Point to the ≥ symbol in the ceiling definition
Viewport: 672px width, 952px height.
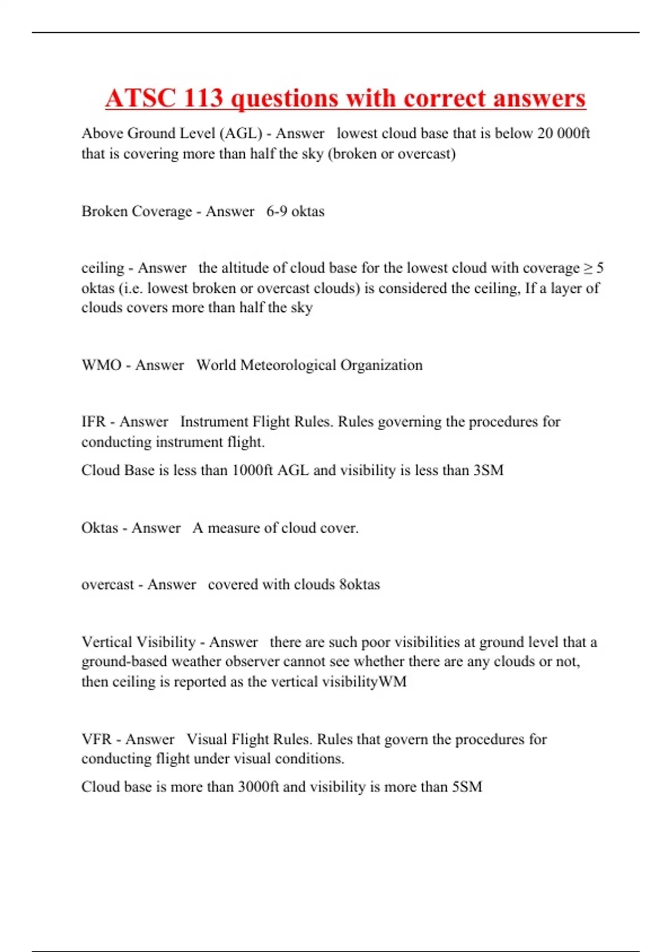[x=588, y=268]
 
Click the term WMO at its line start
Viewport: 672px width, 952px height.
[x=101, y=365]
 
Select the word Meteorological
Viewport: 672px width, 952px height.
[x=288, y=365]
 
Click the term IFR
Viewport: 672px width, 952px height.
[x=94, y=422]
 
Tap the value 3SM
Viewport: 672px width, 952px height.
[x=488, y=470]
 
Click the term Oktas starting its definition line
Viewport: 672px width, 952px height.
[x=100, y=528]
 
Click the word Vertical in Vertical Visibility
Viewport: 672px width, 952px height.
[x=106, y=642]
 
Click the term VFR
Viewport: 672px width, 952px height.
[x=96, y=739]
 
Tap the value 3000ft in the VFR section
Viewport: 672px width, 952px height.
[x=258, y=787]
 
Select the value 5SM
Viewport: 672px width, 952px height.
[x=467, y=787]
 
